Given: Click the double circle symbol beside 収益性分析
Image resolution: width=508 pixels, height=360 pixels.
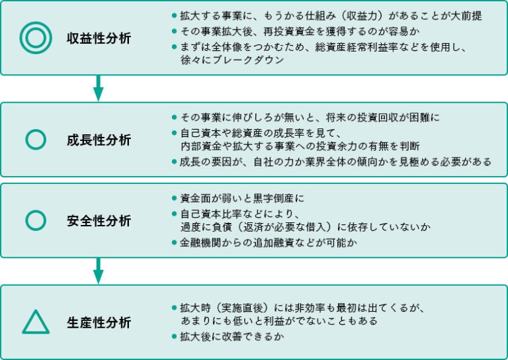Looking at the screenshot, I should (x=35, y=38).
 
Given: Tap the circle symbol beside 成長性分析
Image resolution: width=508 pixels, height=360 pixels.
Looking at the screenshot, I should (x=35, y=139).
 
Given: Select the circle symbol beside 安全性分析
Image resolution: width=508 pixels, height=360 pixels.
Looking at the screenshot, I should (x=35, y=220).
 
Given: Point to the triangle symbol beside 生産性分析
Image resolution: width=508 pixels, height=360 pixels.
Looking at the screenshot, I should (x=35, y=322).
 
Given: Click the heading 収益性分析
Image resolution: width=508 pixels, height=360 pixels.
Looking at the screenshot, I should (x=99, y=38).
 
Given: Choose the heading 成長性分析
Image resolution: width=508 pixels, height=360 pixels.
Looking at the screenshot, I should (x=99, y=140).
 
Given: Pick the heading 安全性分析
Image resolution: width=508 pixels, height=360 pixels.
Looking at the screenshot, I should (x=99, y=220).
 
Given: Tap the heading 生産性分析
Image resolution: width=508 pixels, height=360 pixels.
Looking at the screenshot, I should (x=99, y=322).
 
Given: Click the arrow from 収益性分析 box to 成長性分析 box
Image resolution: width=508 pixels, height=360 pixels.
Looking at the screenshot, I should (x=99, y=87).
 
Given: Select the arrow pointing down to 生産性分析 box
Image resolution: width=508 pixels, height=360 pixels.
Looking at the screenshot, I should (x=99, y=270).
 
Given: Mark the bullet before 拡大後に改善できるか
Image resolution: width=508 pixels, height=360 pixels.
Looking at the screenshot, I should (x=174, y=337).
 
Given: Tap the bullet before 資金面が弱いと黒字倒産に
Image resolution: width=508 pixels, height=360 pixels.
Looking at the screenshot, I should (x=174, y=199).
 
